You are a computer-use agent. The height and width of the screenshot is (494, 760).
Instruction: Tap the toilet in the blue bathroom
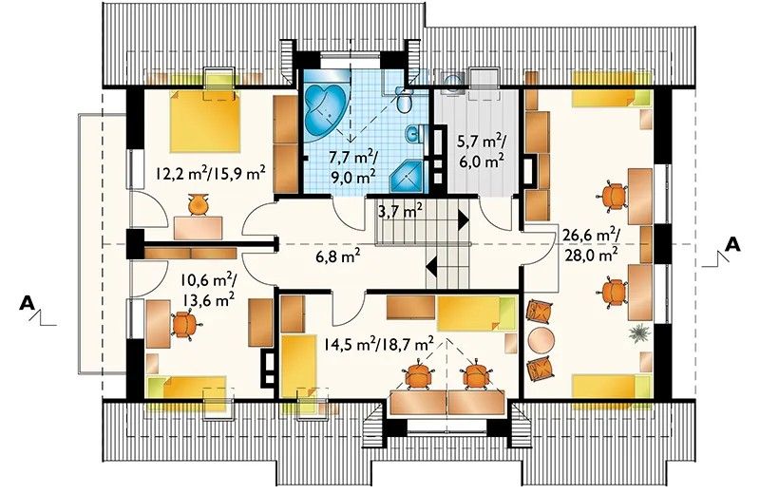[403, 100]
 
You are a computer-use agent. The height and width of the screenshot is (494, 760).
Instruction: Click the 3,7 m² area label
[400, 211]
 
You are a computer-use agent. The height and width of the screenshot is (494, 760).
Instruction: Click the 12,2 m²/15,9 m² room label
[211, 173]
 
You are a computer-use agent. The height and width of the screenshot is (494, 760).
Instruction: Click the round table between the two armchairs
[541, 340]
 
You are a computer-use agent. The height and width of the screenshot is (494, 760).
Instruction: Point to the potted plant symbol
[640, 333]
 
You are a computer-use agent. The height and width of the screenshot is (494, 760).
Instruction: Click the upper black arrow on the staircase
[464, 221]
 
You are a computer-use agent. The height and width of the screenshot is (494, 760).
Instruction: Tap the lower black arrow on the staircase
[432, 266]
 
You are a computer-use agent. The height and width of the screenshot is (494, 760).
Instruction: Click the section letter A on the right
[733, 244]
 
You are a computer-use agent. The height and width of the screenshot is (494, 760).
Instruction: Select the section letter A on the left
[28, 303]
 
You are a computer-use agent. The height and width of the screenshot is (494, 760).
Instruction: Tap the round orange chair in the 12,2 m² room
[199, 204]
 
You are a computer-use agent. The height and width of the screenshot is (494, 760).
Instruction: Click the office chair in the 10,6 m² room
[184, 325]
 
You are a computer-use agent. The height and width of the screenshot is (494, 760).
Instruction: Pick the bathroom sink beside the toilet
[414, 134]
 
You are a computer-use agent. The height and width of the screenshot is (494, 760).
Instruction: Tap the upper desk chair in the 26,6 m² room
[613, 196]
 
